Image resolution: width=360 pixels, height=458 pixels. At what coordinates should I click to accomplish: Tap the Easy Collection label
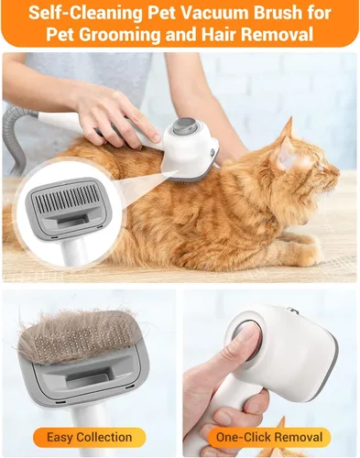[89, 437]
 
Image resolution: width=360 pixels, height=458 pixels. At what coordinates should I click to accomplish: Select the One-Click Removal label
[269, 437]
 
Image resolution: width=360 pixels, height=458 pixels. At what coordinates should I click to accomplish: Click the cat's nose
[337, 172]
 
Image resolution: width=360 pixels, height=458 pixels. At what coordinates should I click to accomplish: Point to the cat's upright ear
[287, 131]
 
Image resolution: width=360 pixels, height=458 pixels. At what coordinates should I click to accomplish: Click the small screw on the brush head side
[212, 151]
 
